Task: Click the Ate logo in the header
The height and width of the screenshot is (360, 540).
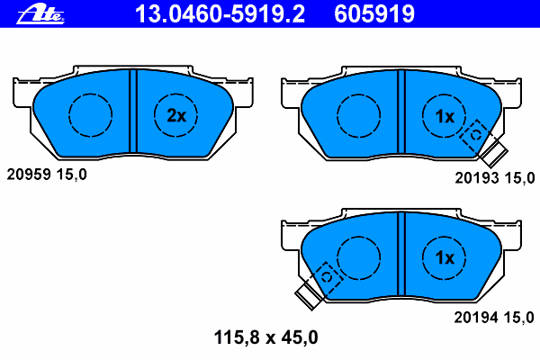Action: [x=40, y=14]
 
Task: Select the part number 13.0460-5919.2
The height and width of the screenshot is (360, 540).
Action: [x=220, y=14]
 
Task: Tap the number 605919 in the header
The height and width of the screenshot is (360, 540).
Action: [x=374, y=14]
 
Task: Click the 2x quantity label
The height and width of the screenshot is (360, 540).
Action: [x=176, y=116]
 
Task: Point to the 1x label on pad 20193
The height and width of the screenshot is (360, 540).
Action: [x=445, y=117]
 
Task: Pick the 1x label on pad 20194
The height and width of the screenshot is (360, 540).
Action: [x=445, y=257]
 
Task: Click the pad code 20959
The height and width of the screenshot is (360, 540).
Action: [x=29, y=175]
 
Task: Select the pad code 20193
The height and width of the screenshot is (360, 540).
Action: [x=477, y=178]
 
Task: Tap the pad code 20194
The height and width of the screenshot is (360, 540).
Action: [x=476, y=318]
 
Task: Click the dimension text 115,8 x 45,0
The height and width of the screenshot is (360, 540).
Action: [x=265, y=337]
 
